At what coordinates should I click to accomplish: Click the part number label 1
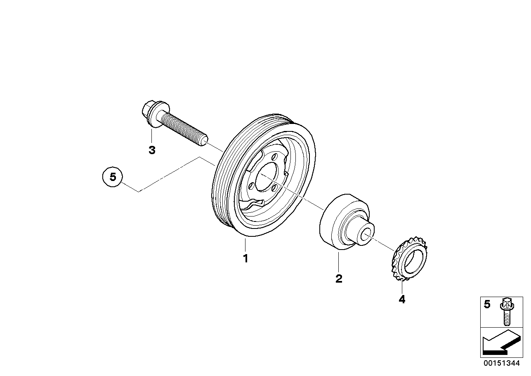pyautogui.click(x=245, y=259)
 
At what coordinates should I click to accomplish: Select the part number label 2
pyautogui.click(x=339, y=278)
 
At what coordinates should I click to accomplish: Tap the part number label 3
pyautogui.click(x=152, y=150)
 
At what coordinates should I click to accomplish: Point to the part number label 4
pyautogui.click(x=402, y=299)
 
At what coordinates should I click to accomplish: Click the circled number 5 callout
pyautogui.click(x=113, y=177)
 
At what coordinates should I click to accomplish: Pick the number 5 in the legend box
pyautogui.click(x=487, y=304)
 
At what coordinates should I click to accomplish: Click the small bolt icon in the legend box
pyautogui.click(x=506, y=311)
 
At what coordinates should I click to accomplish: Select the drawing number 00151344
pyautogui.click(x=502, y=363)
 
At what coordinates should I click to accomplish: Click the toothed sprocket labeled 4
pyautogui.click(x=410, y=262)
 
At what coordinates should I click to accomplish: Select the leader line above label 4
pyautogui.click(x=402, y=287)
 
